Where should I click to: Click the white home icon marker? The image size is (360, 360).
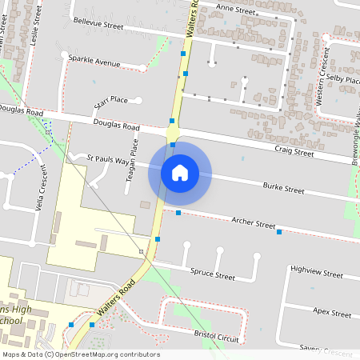tap(180, 173)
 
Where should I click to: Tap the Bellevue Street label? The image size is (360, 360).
tap(98, 26)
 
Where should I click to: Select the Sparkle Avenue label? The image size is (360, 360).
tap(94, 62)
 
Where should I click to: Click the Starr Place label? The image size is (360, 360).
tap(111, 101)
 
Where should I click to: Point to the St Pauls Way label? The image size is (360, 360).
tap(107, 160)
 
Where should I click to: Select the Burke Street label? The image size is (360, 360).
tap(284, 190)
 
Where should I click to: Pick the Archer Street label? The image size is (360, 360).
tap(254, 223)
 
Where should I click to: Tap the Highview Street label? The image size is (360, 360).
tap(317, 272)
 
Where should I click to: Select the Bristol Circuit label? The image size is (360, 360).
tap(217, 335)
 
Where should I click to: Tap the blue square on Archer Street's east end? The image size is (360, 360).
tap(279, 232)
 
